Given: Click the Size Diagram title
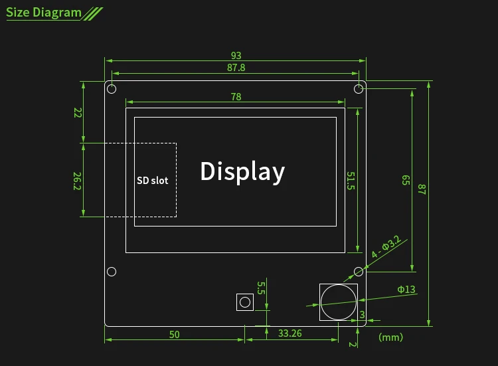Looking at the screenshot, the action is click(44, 13).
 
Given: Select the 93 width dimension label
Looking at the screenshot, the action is click(236, 56).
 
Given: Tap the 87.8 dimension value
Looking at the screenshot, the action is click(236, 68).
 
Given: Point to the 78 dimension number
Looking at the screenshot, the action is click(236, 96).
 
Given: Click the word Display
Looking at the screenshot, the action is click(242, 171).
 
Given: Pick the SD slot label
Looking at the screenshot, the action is click(153, 181).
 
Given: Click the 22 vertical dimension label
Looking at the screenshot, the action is click(78, 112).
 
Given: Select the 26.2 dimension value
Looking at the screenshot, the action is click(77, 181).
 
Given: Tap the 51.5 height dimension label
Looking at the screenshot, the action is click(351, 181).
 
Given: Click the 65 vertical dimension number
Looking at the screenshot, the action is click(406, 180).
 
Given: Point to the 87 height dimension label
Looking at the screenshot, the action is click(422, 189).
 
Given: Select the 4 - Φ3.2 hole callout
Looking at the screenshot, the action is click(386, 246).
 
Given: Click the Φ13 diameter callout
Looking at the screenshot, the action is click(406, 290).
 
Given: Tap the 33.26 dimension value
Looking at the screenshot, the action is click(290, 333).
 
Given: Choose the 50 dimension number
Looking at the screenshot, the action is click(175, 335).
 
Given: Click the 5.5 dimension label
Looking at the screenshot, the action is click(261, 288).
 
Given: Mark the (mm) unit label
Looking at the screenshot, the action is click(390, 337).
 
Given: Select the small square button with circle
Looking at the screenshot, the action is click(245, 302).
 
